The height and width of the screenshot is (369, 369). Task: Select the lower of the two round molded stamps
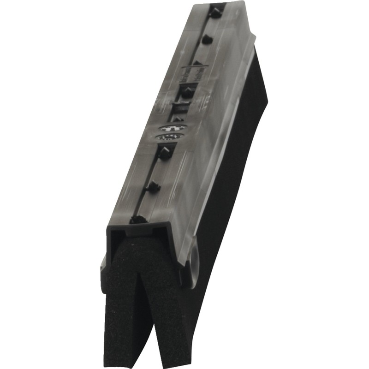tap(168, 137)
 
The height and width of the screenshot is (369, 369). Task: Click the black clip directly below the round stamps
tap(164, 152)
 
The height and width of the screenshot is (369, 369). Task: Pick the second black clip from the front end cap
tap(152, 187)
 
